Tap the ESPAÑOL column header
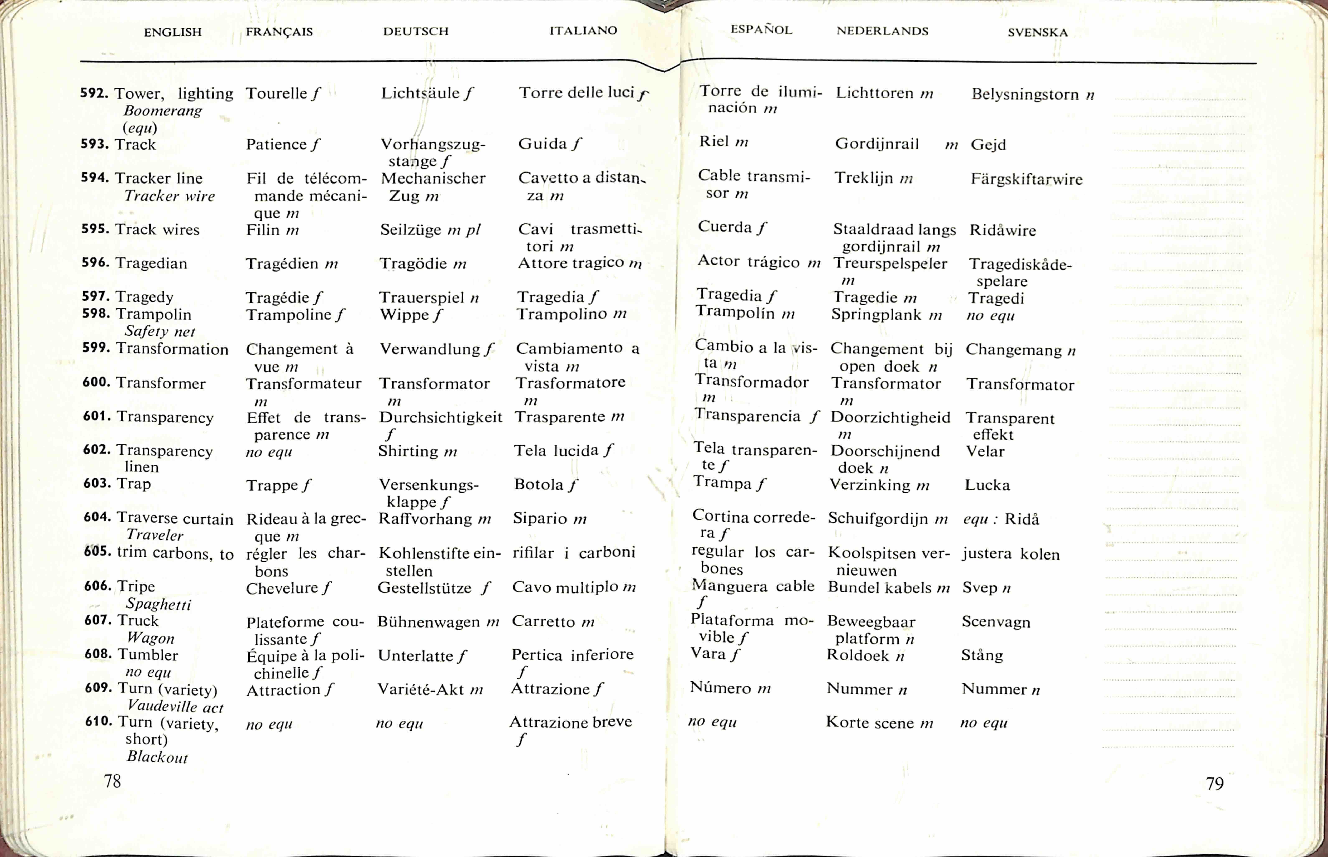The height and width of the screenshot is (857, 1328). [x=761, y=30]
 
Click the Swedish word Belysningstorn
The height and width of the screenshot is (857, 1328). [x=1024, y=95]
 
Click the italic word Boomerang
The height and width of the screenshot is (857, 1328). [x=163, y=111]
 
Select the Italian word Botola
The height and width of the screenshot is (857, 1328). [x=538, y=485]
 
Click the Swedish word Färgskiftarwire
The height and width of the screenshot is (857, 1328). [x=1026, y=179]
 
